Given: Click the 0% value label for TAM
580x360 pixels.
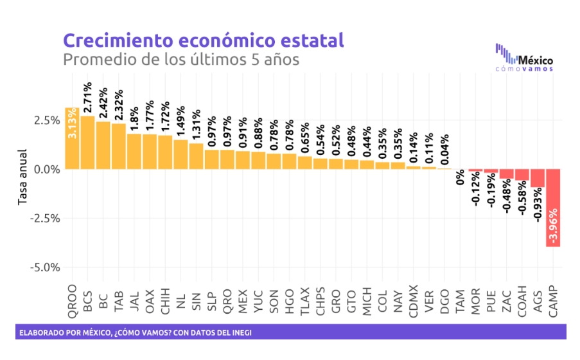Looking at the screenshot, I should (x=461, y=177).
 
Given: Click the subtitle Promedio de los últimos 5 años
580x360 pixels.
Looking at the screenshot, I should (x=181, y=60).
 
